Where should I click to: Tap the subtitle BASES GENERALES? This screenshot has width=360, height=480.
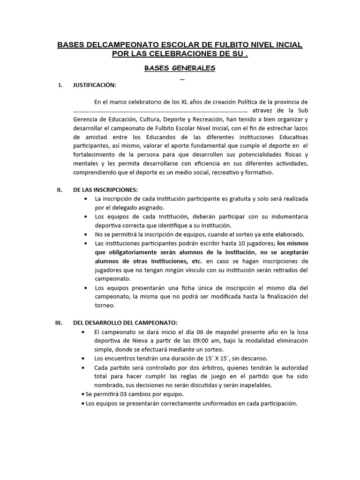click(x=180, y=68)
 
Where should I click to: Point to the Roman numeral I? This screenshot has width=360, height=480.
click(x=60, y=85)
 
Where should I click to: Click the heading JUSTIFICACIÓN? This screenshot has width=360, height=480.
click(x=94, y=85)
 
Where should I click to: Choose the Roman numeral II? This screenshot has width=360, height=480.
click(x=60, y=189)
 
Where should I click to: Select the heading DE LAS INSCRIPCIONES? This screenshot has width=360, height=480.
click(x=105, y=189)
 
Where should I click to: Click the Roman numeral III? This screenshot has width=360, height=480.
click(x=60, y=323)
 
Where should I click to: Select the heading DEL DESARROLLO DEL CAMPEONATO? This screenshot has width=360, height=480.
click(x=125, y=323)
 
